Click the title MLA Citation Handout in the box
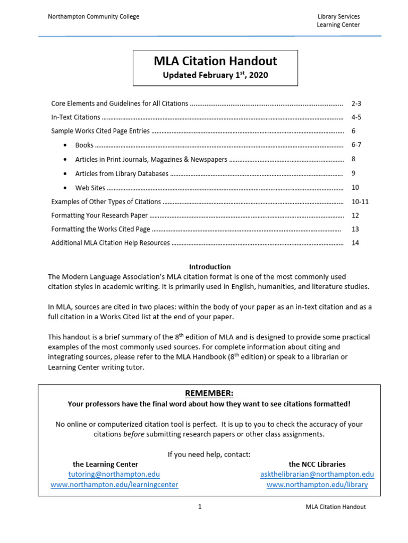215,61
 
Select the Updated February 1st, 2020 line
215,75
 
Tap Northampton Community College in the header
93,16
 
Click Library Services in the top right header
338,16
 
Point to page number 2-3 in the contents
356,103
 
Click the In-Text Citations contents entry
75,117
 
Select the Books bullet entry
84,145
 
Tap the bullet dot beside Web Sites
65,188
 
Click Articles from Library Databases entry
122,173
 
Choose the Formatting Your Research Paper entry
99,215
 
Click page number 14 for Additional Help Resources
355,243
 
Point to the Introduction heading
210,267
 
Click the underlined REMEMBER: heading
209,393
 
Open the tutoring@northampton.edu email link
114,474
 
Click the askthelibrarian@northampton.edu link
317,474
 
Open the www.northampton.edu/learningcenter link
114,485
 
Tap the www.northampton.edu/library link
317,485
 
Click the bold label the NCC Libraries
317,464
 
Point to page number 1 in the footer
200,507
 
